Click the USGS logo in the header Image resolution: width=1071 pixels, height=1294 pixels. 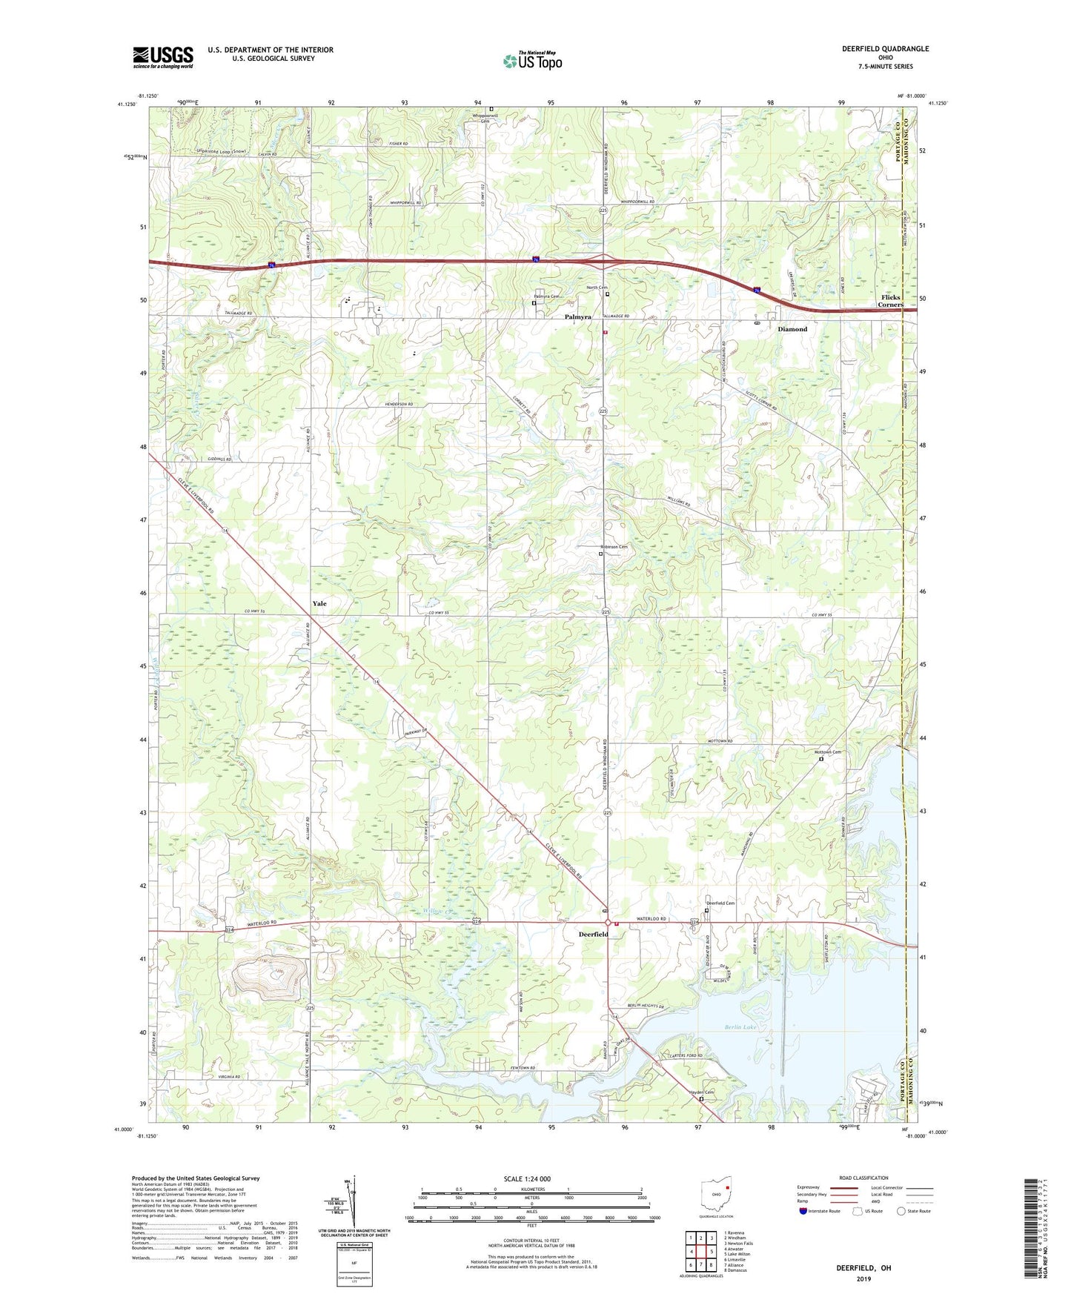163,57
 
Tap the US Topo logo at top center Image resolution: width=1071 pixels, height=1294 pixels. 531,61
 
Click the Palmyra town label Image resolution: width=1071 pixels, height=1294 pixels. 578,316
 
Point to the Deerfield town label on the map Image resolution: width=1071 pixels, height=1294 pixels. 593,935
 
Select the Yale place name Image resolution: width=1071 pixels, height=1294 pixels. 319,603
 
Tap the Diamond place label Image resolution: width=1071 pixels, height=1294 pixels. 792,329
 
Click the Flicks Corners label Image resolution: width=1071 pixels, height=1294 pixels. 890,301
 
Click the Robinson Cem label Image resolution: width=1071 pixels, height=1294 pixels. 614,547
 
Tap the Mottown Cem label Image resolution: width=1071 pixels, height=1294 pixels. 828,752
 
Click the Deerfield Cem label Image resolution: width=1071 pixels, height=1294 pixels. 720,903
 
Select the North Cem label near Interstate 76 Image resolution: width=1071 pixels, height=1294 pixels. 597,288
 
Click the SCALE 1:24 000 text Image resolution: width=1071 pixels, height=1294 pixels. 527,1178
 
